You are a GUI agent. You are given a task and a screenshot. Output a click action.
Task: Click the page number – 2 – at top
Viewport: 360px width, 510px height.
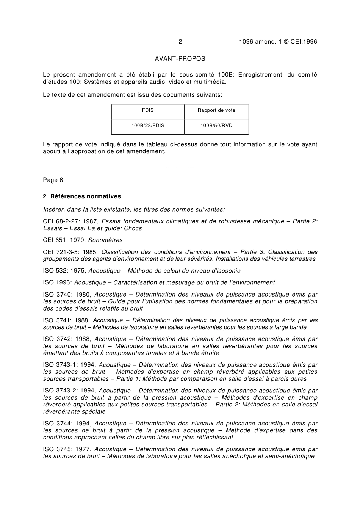[180, 42]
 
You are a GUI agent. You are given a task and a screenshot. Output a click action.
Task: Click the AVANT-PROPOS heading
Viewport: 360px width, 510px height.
[180, 59]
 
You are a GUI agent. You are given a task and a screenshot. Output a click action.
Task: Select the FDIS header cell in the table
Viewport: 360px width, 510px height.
[148, 111]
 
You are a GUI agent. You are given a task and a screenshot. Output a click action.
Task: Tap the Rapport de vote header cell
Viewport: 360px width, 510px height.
[216, 111]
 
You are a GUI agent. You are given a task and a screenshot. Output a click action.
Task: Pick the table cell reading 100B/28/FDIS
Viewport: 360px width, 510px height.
[148, 126]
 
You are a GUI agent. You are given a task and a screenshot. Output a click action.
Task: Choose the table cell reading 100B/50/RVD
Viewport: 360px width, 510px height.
[216, 126]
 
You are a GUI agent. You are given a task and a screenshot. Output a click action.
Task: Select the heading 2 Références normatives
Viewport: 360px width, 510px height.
[82, 196]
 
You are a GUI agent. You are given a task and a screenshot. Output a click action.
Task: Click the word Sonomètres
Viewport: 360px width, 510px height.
[105, 240]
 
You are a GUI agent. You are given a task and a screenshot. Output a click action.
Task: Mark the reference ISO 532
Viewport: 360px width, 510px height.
[55, 271]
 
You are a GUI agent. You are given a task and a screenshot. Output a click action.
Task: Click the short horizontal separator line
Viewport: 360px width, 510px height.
[180, 167]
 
